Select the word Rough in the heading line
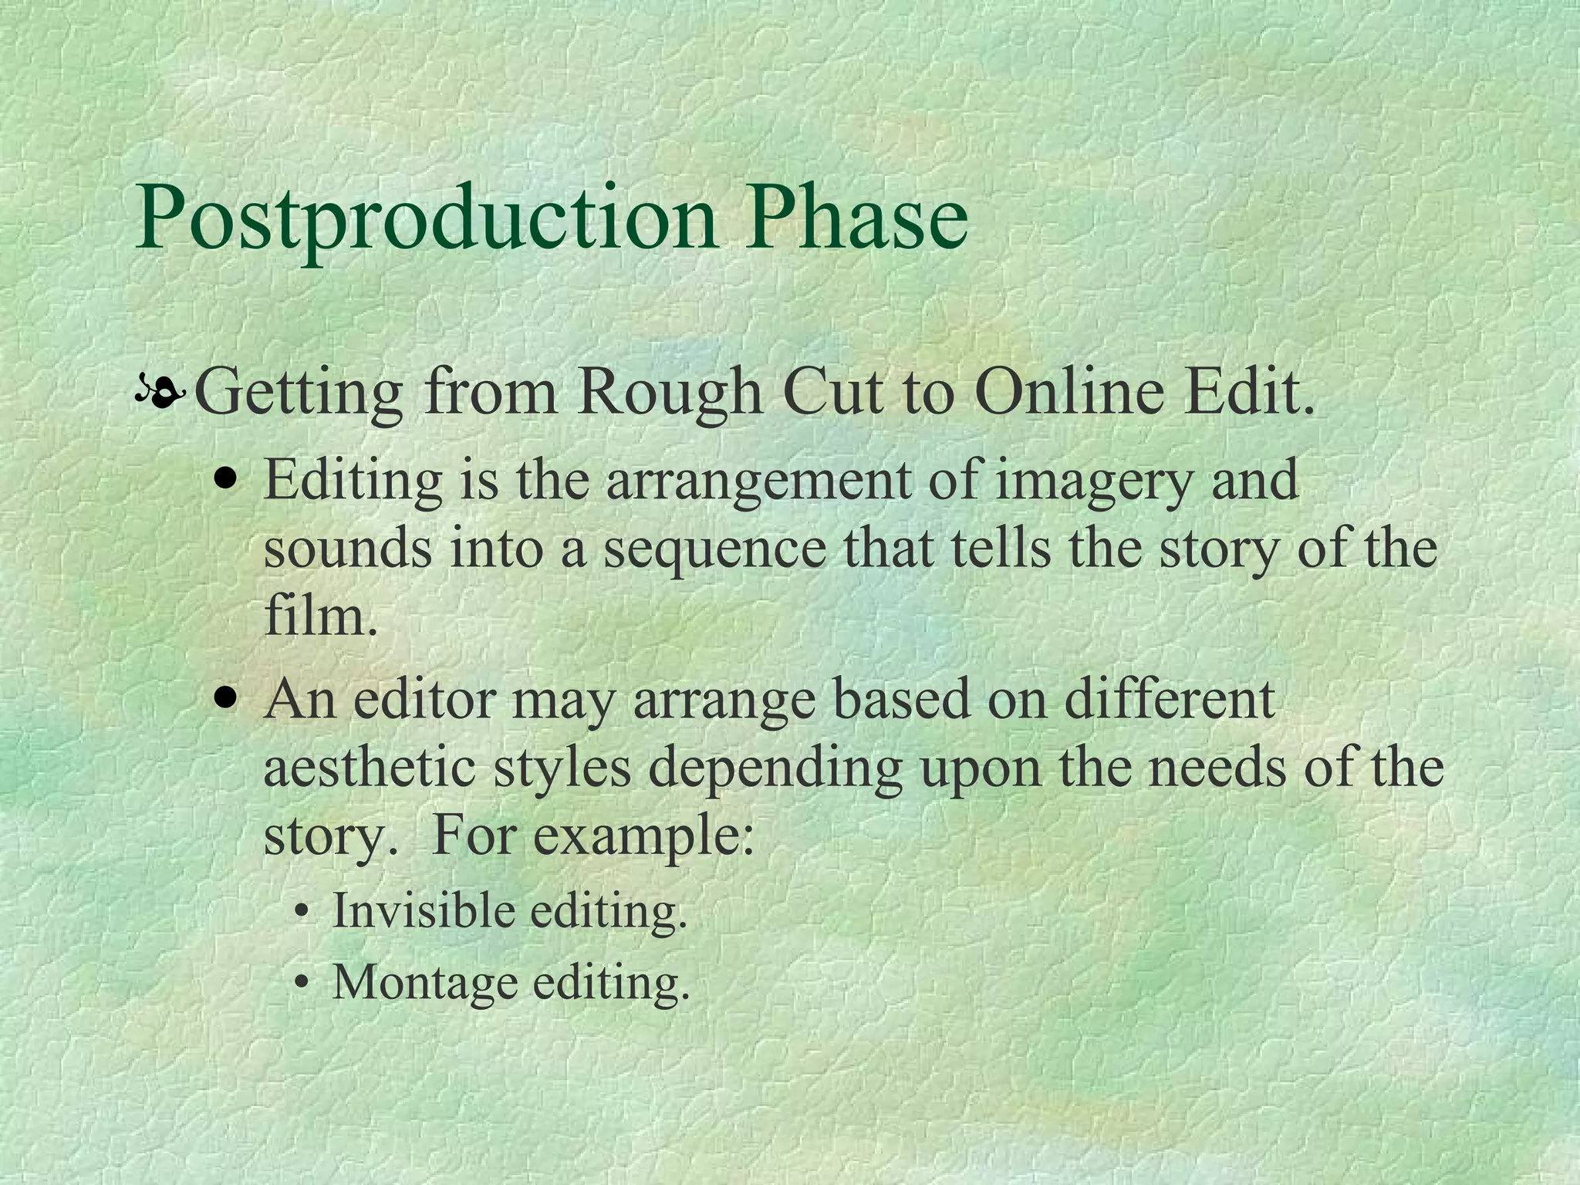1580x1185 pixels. tap(670, 394)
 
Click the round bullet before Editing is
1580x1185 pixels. tap(226, 479)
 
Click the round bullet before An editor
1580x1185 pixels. tap(226, 699)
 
